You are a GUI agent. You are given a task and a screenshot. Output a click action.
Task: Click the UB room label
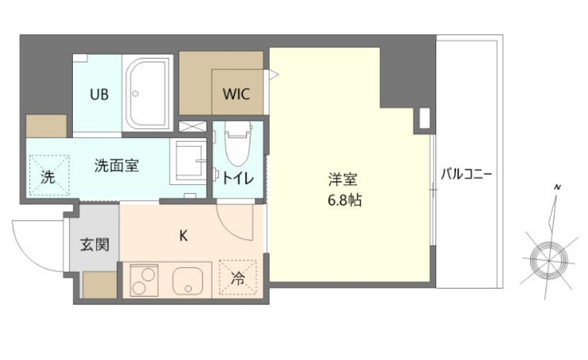click(99, 93)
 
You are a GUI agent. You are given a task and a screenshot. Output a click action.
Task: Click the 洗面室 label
click(117, 166)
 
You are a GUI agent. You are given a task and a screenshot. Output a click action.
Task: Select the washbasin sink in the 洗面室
click(188, 161)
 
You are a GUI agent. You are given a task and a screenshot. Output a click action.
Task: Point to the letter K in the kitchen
click(183, 236)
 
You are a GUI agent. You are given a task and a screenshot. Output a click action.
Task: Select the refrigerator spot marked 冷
click(237, 279)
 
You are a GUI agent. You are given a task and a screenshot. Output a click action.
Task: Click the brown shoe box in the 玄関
click(100, 285)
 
